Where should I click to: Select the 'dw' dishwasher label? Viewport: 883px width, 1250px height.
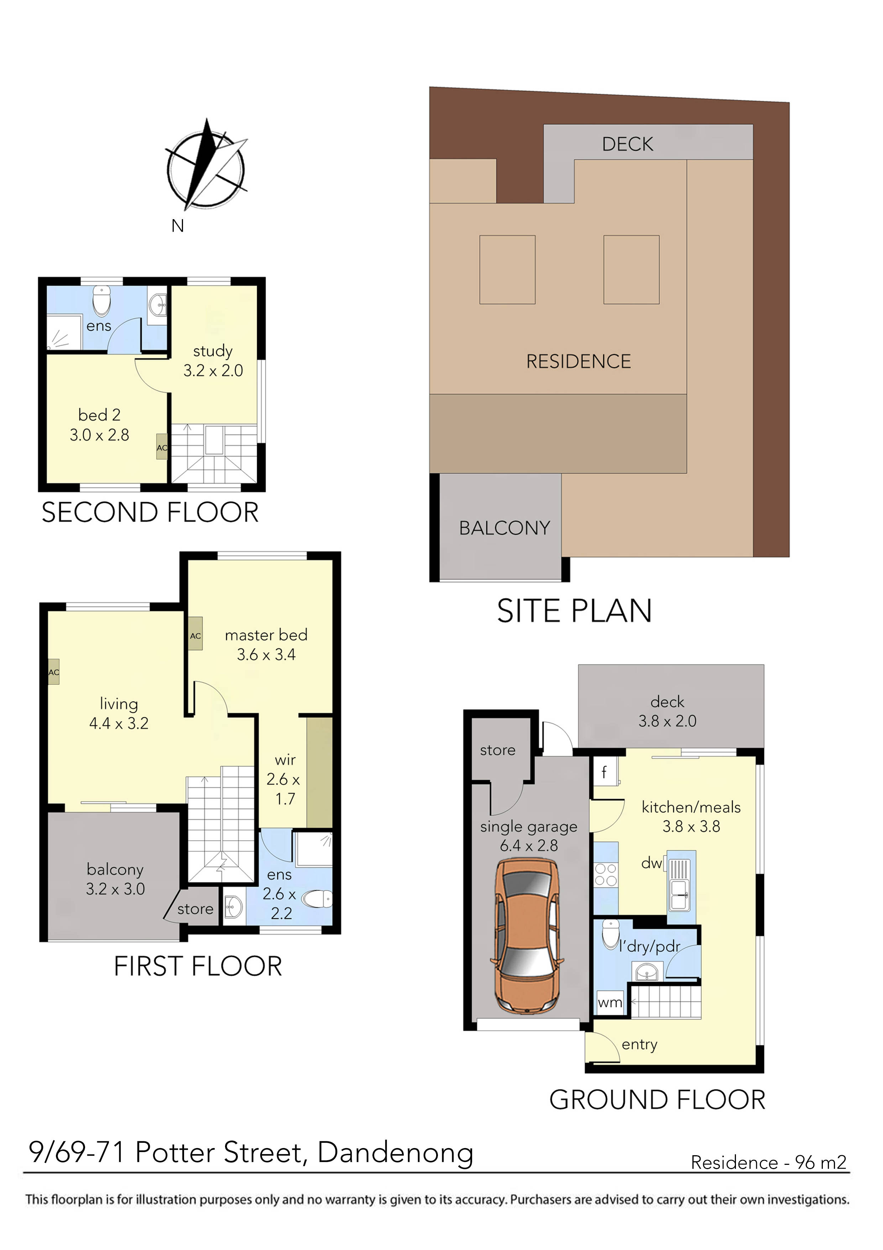(x=651, y=863)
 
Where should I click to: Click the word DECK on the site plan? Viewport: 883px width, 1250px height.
(x=627, y=144)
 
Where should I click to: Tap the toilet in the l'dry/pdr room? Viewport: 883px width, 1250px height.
(x=611, y=934)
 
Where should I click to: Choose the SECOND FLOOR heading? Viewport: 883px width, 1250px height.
(x=150, y=512)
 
